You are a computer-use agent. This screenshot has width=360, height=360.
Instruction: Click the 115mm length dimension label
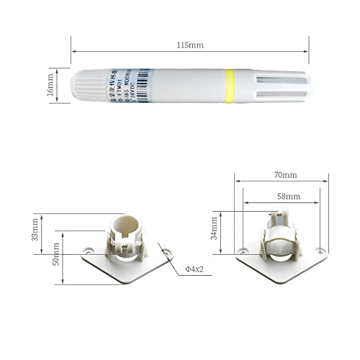point(190,45)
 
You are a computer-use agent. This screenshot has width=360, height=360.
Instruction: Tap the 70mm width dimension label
point(285,175)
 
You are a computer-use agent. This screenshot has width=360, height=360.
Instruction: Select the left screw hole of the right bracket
point(243,251)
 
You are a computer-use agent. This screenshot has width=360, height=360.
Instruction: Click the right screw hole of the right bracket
point(320,253)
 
